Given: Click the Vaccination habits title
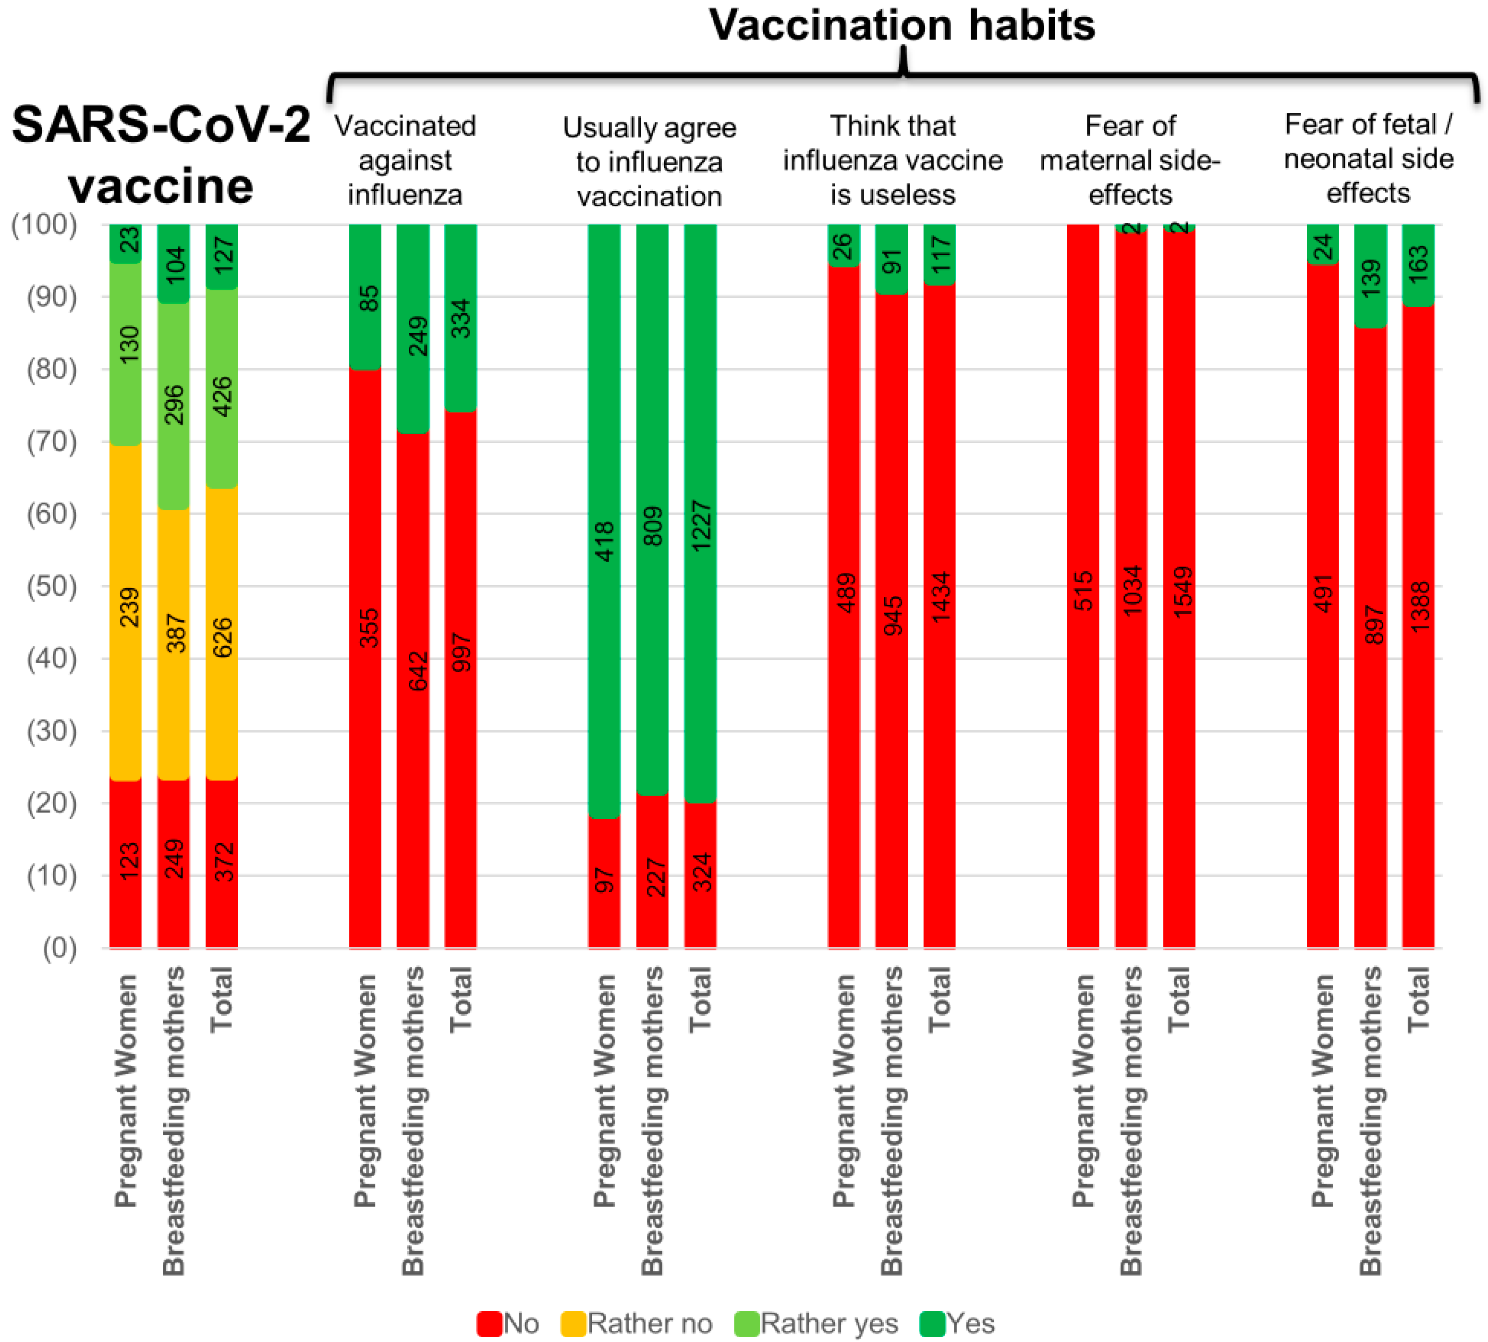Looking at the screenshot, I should point(902,26).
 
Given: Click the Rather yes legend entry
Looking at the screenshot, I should point(816,1324).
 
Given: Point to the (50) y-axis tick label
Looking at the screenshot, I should point(51,586).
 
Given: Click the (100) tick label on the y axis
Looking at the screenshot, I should point(44,224).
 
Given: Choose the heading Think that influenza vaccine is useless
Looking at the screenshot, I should point(892,160).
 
